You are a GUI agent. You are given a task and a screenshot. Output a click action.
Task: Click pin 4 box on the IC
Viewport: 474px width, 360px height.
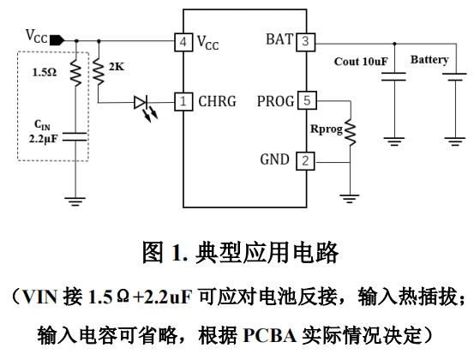[183, 42]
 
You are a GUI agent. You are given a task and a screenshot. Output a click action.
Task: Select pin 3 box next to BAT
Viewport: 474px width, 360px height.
[306, 41]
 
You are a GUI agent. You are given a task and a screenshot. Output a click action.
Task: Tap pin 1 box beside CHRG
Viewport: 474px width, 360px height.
[183, 101]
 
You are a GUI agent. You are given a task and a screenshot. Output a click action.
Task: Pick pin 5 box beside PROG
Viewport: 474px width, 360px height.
[307, 100]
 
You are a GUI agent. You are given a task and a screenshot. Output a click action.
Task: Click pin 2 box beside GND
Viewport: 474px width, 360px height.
[305, 161]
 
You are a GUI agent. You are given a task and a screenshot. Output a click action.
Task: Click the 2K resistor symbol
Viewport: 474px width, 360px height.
[99, 72]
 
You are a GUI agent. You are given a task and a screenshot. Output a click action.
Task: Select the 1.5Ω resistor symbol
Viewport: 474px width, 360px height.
[76, 73]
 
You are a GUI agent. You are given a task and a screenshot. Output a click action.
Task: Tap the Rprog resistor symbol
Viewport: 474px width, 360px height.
[351, 133]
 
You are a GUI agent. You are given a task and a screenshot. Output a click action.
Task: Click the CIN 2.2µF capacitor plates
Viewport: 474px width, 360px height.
[75, 136]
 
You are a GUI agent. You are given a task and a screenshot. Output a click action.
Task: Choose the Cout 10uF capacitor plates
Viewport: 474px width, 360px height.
[393, 77]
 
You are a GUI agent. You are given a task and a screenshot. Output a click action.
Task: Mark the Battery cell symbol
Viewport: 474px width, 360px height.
[455, 77]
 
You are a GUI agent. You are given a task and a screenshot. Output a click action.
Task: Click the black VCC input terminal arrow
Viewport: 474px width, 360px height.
[57, 40]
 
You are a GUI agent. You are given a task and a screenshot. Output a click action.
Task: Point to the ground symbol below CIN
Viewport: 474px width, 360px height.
[75, 201]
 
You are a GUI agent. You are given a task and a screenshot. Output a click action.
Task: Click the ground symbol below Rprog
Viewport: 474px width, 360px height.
[350, 199]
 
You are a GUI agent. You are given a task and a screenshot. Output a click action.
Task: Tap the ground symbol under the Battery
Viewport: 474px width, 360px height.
[455, 141]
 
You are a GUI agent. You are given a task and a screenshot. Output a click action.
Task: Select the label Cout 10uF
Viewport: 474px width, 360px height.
[361, 62]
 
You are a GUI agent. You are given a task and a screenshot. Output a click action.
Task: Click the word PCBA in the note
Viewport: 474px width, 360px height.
[270, 335]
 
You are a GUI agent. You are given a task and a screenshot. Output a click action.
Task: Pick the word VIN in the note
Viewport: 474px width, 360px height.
[39, 297]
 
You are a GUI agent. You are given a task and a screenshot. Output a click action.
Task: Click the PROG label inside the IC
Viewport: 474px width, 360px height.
[276, 101]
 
